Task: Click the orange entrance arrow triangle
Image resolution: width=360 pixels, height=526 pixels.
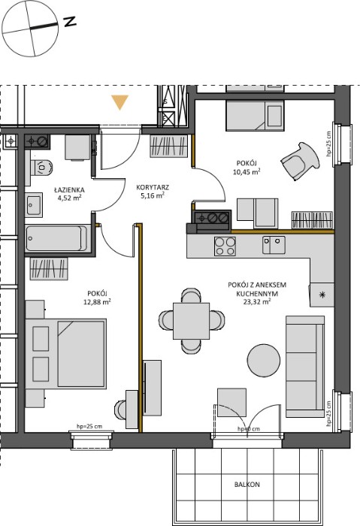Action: (119, 102)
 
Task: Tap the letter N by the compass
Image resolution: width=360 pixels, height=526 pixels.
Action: (69, 22)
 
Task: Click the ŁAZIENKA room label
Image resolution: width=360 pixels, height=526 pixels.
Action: (69, 190)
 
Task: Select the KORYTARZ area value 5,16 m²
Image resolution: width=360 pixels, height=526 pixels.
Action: (153, 195)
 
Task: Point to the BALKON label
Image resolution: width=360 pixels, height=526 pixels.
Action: (247, 485)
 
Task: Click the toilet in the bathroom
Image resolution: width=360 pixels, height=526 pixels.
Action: (41, 167)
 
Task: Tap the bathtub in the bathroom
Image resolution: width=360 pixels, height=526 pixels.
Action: (56, 238)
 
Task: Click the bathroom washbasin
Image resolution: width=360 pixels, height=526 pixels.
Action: (35, 204)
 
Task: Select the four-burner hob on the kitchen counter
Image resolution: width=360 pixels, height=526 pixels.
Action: (225, 246)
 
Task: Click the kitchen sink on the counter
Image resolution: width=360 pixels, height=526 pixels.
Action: (274, 245)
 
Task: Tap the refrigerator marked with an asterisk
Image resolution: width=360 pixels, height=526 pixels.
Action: (322, 295)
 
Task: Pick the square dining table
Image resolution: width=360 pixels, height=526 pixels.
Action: (191, 321)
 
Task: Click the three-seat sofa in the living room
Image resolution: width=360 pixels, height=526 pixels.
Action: (305, 367)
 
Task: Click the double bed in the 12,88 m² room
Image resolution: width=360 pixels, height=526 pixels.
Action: (65, 354)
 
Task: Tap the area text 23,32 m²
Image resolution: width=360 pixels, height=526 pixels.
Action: (257, 301)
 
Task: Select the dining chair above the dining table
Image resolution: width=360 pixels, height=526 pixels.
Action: (191, 295)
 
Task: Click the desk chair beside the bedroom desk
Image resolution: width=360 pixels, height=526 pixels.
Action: (120, 410)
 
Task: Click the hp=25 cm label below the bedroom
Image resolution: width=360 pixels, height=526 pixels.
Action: (89, 427)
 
